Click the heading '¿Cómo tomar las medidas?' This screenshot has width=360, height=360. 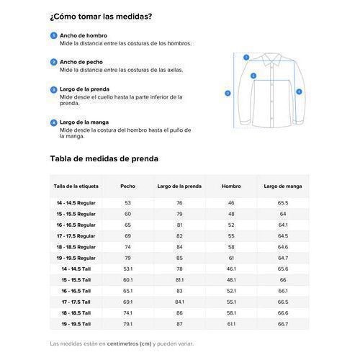(100, 16)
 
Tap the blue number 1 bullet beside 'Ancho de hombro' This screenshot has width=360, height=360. (53, 35)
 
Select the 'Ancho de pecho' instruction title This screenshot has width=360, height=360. (82, 62)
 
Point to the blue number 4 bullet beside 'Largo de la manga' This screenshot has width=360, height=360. (53, 122)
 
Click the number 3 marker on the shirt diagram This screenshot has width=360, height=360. (228, 93)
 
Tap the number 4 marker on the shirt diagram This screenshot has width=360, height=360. (298, 91)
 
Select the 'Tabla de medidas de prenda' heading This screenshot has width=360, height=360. (104, 158)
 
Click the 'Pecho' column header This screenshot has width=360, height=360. (127, 186)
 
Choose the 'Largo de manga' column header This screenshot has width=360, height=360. (282, 186)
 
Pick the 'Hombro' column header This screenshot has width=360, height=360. (231, 186)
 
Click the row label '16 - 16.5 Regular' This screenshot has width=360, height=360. (76, 225)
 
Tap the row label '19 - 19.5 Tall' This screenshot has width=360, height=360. (76, 323)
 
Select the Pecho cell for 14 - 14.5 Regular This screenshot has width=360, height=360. (127, 203)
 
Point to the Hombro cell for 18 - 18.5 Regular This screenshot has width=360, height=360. (231, 246)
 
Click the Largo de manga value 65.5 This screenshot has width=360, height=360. (282, 203)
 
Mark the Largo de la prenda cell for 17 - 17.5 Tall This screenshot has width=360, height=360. (179, 302)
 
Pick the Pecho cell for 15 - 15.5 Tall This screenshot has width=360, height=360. (127, 279)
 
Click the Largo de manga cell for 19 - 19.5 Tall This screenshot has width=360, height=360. (282, 323)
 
